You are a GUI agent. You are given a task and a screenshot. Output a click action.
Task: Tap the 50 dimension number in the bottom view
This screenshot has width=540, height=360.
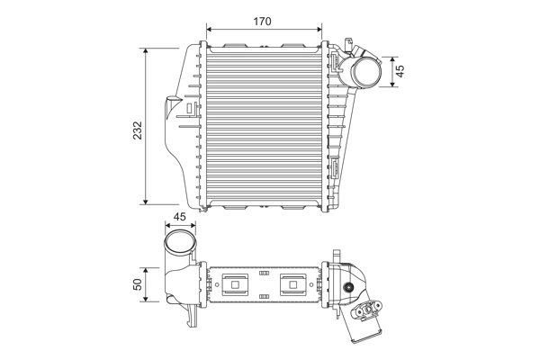(x=137, y=283)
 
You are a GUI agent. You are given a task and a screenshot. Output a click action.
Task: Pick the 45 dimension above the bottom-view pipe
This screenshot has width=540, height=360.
(x=179, y=217)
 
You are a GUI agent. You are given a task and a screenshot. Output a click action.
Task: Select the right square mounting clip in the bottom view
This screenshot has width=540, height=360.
(x=293, y=284)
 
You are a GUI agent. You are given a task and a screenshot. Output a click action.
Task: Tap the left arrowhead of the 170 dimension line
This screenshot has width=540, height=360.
(x=210, y=28)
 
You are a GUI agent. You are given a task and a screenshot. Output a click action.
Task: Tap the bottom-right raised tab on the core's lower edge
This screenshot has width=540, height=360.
(x=294, y=208)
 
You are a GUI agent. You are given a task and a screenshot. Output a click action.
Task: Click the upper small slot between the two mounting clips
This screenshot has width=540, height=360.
(x=264, y=272)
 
